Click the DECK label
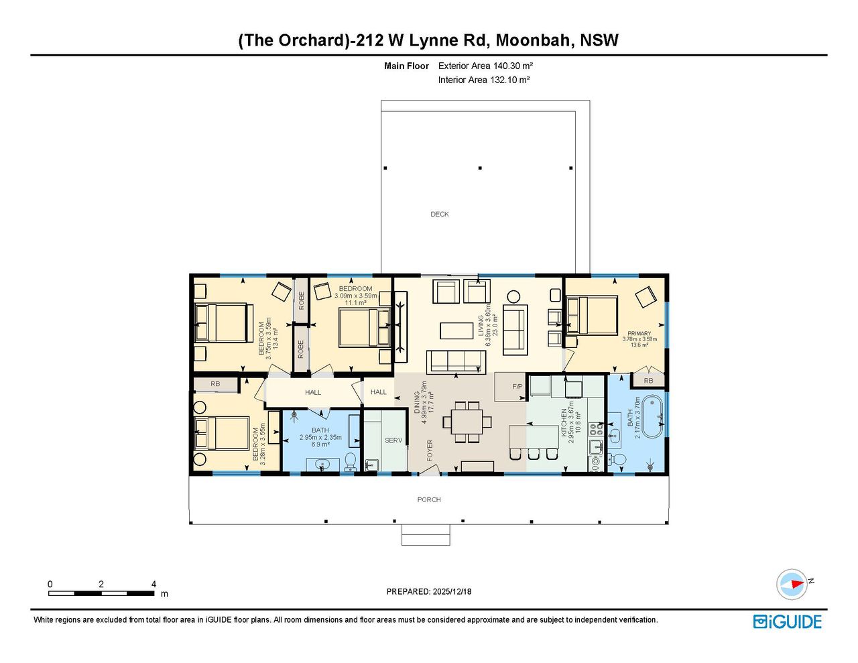(x=439, y=214)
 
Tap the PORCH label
(x=429, y=499)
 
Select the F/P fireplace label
(x=517, y=386)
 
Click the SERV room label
(x=393, y=440)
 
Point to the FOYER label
(x=430, y=450)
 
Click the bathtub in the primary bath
(x=652, y=416)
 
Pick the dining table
(x=467, y=422)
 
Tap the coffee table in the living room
(x=456, y=330)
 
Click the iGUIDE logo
(x=788, y=621)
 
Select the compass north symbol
(x=792, y=585)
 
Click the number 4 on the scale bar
(x=154, y=584)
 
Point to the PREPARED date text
(x=429, y=591)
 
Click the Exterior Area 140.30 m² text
(x=485, y=66)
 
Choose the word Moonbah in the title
(x=535, y=40)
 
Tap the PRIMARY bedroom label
(x=639, y=334)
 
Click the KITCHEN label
(x=564, y=422)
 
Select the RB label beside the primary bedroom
(x=648, y=381)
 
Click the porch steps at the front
(x=426, y=535)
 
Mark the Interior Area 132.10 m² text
(x=484, y=80)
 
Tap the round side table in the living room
(x=513, y=296)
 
